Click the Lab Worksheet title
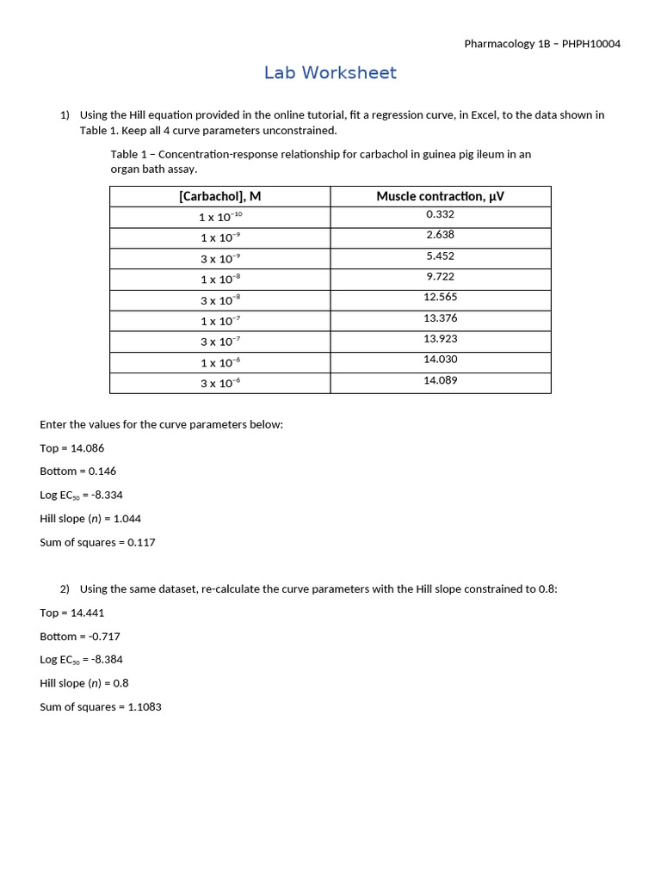[330, 73]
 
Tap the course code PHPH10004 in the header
[591, 44]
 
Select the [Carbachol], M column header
[219, 196]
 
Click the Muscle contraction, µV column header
[440, 196]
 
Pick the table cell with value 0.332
[440, 214]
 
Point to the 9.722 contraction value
[440, 276]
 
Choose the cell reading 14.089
[440, 380]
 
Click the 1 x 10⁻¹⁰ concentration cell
[220, 217]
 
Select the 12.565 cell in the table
[440, 297]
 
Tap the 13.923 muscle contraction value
[440, 339]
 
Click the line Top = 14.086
[72, 448]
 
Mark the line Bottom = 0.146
[77, 471]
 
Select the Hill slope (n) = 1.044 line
[90, 519]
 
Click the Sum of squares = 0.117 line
[97, 543]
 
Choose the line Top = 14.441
[72, 613]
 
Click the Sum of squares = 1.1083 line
[101, 707]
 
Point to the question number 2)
[65, 589]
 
